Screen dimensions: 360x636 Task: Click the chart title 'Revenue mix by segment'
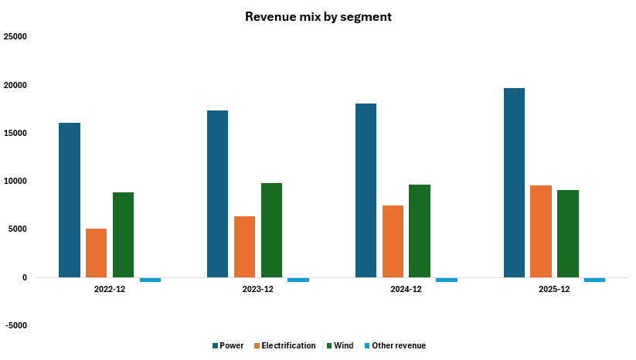[318, 16]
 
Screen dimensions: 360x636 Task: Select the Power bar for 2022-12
[70, 200]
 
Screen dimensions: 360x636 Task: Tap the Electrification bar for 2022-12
[97, 253]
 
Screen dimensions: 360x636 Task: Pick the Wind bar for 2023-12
[271, 230]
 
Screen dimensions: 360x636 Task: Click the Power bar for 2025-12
[514, 182]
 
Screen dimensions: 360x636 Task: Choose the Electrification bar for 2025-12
[541, 231]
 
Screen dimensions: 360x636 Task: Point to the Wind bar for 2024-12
[420, 231]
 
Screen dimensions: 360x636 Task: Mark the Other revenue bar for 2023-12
[298, 280]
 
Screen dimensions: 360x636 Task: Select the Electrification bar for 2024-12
[393, 241]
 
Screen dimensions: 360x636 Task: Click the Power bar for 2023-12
[218, 194]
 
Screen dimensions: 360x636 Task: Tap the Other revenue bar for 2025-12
[595, 280]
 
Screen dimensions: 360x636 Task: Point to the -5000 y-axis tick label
[15, 326]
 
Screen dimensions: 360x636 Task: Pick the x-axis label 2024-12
[406, 289]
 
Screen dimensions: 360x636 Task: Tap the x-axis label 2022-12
[109, 289]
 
